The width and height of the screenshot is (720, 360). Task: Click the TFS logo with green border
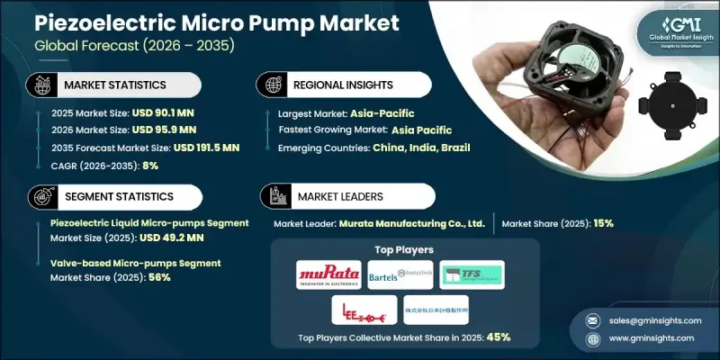point(472,274)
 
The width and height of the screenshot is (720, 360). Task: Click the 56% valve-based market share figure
point(158,277)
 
